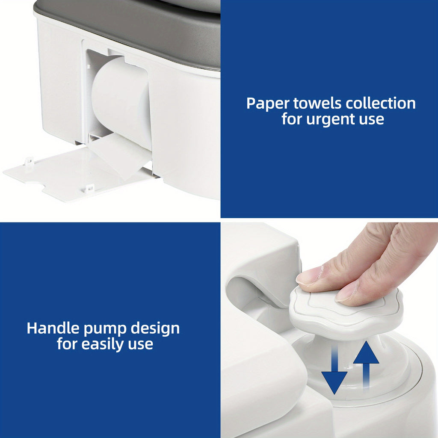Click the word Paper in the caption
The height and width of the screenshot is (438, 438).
[267, 104]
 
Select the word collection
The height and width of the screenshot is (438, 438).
[380, 104]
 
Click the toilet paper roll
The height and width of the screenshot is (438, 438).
[121, 101]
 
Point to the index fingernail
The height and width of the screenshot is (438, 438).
[307, 277]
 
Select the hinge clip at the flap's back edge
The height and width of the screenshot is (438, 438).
[29, 162]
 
